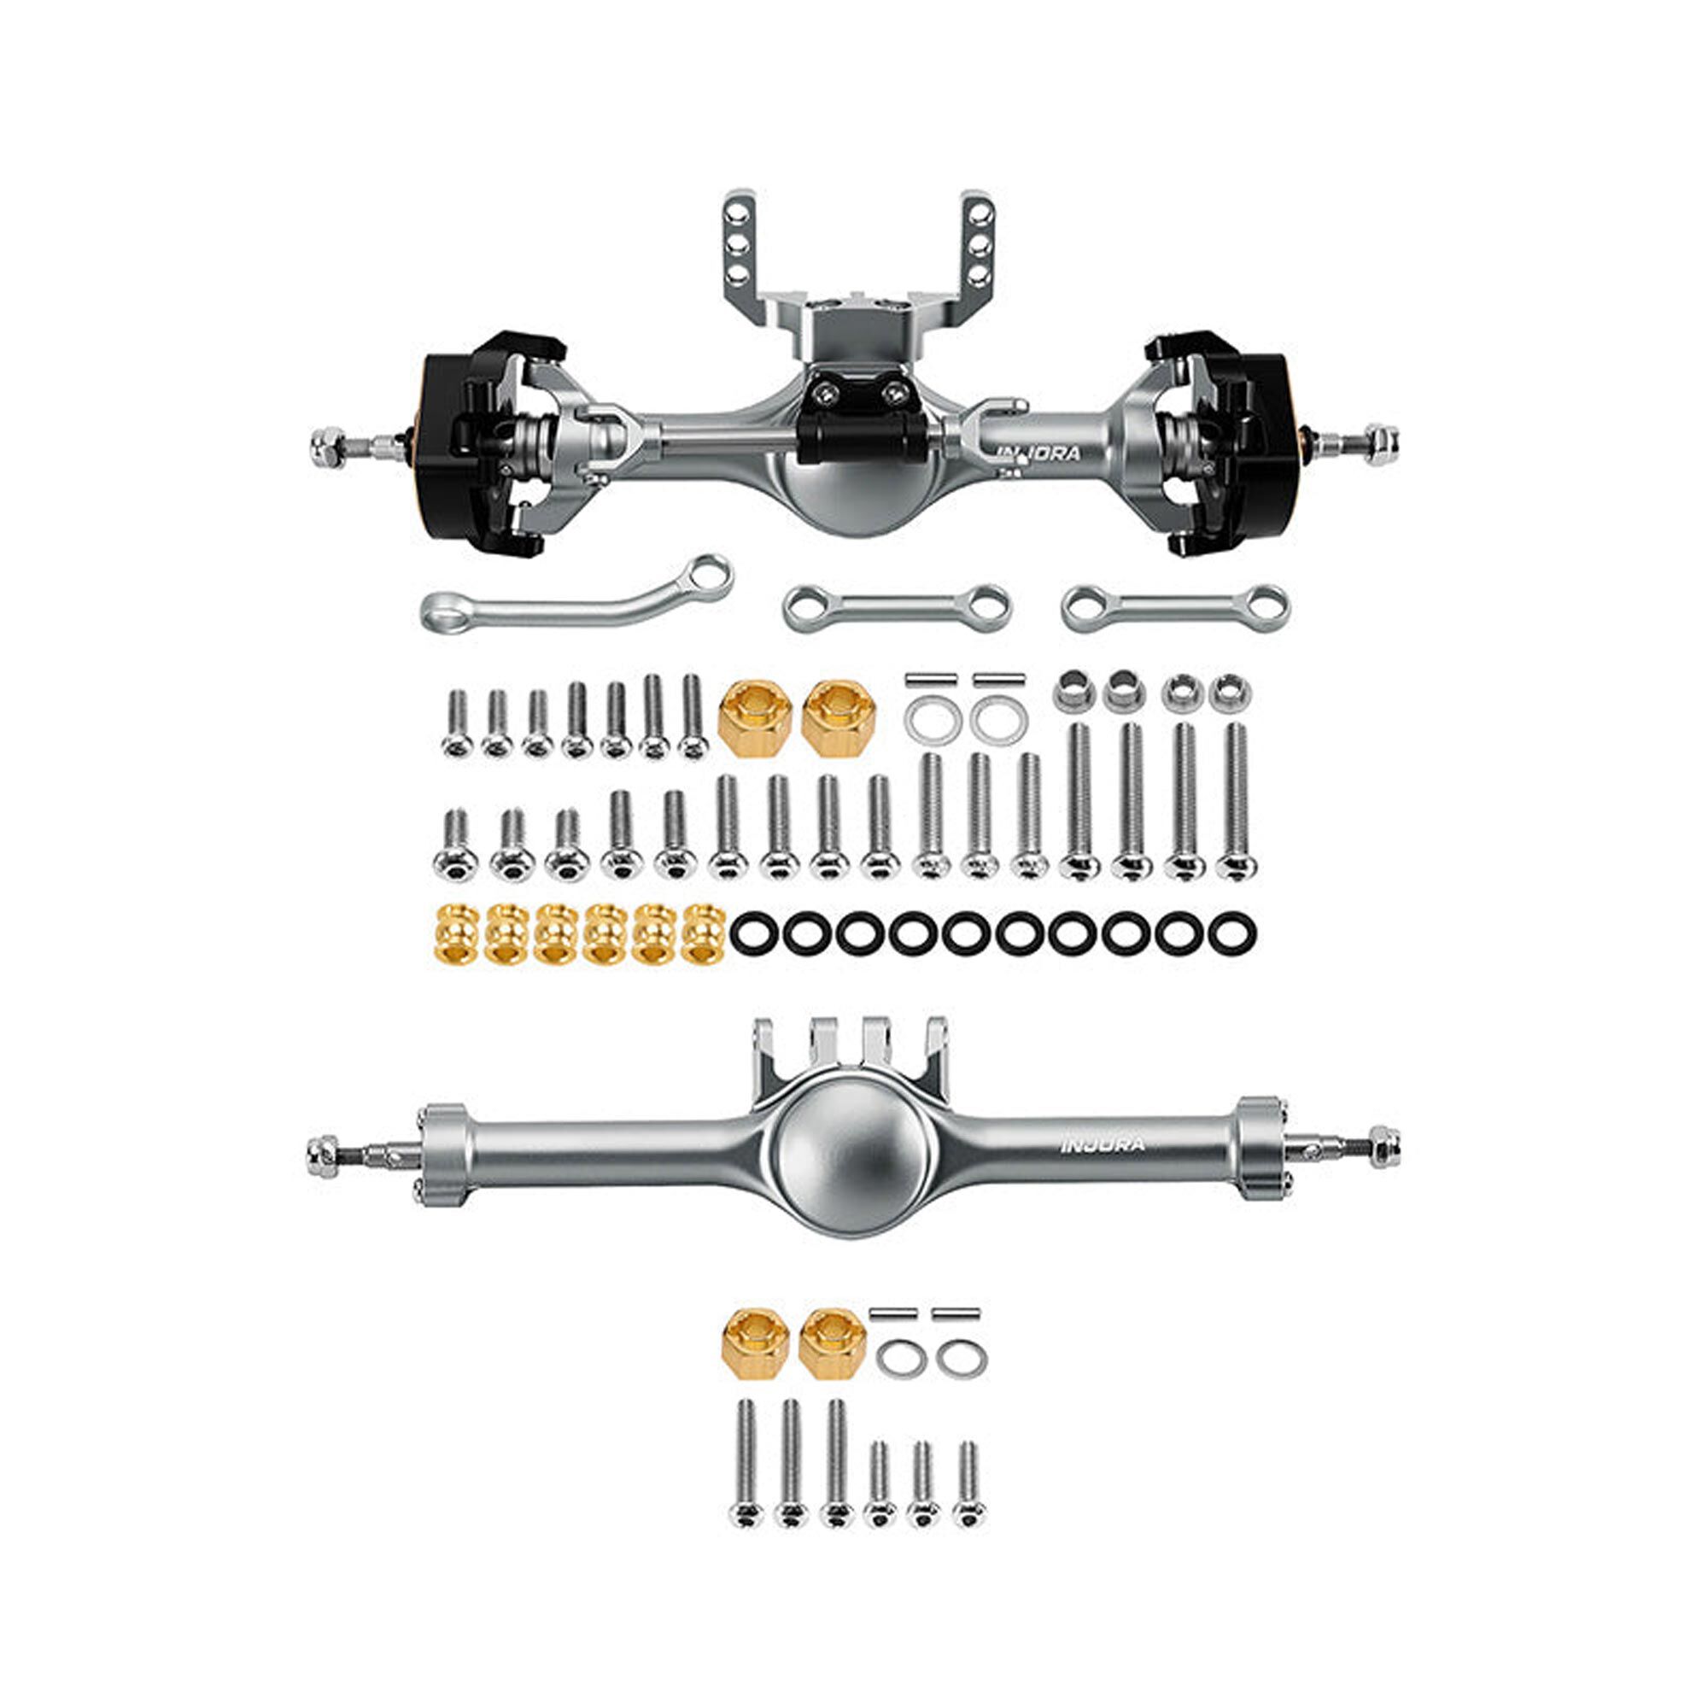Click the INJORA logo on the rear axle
pyautogui.click(x=1103, y=1145)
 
